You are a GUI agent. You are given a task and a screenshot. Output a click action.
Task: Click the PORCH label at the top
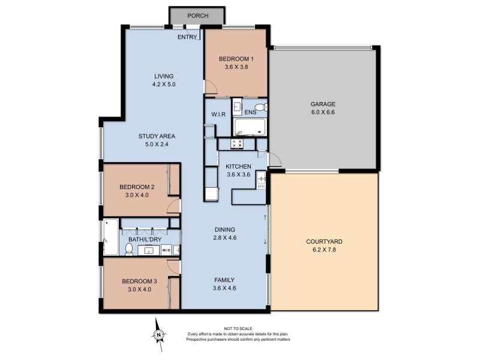point(197,16)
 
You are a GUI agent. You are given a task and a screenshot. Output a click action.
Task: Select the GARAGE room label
point(323,103)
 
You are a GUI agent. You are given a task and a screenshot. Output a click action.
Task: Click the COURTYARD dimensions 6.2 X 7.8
point(324,250)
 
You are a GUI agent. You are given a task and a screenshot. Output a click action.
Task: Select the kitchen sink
point(262,180)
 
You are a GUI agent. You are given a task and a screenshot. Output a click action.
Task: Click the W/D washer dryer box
point(166,250)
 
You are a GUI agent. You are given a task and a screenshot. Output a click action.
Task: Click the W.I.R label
point(217,115)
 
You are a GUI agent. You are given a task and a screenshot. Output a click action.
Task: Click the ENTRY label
point(188,37)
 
